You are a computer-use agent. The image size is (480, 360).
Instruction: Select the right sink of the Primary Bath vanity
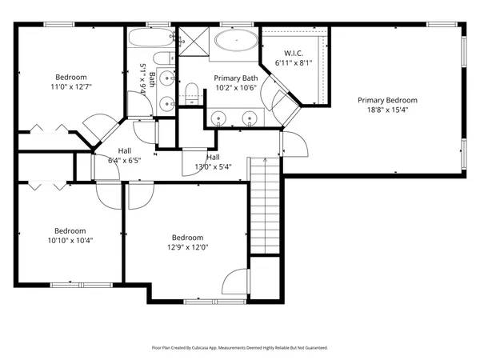click(x=250, y=119)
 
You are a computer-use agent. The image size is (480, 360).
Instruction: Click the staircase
click(x=265, y=204)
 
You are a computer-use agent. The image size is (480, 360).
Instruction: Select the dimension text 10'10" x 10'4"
click(x=71, y=239)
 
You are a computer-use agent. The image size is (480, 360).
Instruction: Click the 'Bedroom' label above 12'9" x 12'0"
click(x=187, y=238)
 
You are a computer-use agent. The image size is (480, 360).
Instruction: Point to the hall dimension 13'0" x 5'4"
click(x=213, y=166)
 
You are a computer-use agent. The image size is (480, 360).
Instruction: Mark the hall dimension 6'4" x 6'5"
click(x=125, y=160)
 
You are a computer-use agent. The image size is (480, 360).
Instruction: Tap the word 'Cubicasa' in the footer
click(x=210, y=348)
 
